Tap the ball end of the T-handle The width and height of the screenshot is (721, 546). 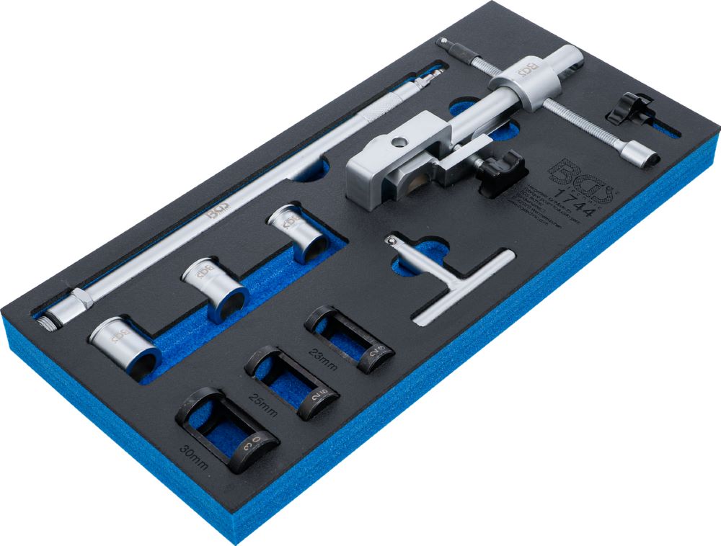[x=393, y=242]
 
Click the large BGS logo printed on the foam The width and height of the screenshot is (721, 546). [x=580, y=180]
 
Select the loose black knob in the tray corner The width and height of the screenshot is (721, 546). [x=627, y=108]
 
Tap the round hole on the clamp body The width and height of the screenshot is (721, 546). [x=394, y=142]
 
